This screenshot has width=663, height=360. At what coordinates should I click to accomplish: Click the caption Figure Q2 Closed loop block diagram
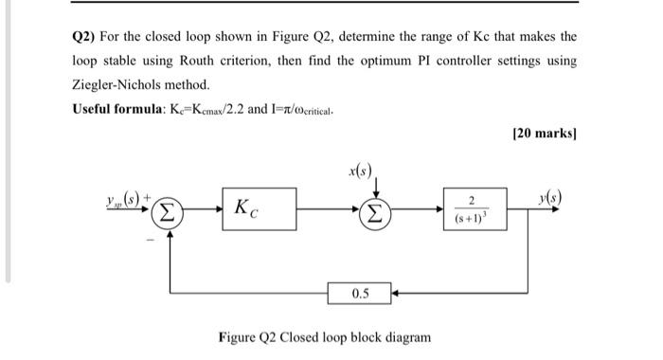[x=324, y=337]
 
